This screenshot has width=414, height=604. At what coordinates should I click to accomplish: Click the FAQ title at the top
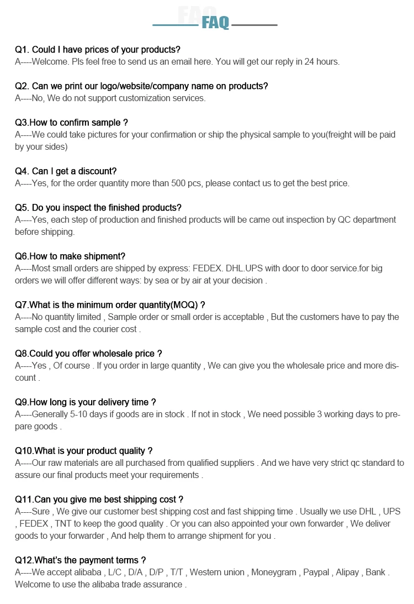[x=215, y=23]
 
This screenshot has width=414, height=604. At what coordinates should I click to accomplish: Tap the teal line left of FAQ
[x=175, y=25]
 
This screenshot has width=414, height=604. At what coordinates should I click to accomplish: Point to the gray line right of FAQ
[x=254, y=25]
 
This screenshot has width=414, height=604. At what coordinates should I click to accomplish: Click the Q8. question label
[x=22, y=354]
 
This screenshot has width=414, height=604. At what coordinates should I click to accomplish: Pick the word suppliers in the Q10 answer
[x=234, y=463]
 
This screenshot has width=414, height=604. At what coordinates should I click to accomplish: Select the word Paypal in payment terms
[x=316, y=573]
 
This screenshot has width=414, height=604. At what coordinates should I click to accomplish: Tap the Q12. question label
[x=24, y=560]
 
